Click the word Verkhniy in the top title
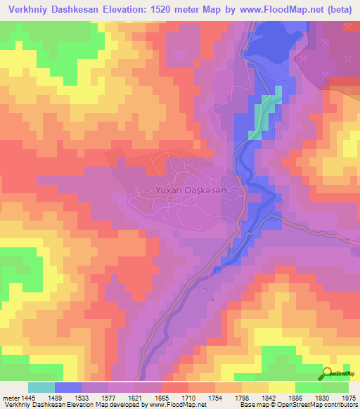[28, 10]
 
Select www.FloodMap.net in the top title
[278, 10]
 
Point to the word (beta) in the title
[339, 10]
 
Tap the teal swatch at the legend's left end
[41, 387]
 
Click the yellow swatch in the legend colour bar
[281, 387]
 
